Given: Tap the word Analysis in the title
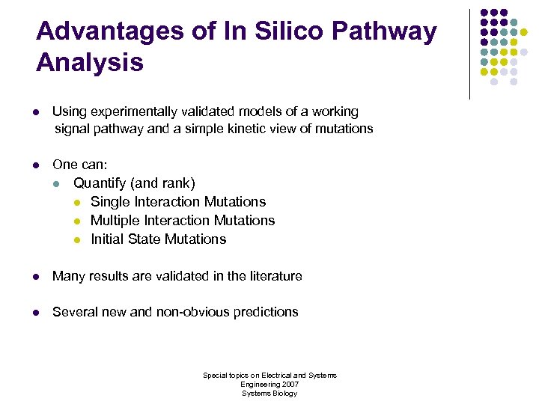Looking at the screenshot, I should point(89,63).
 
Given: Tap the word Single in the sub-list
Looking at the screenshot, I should point(110,202).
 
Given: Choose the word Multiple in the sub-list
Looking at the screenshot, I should point(115,221).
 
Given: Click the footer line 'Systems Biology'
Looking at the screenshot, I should point(269,393).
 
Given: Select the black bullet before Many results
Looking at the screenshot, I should point(35,277).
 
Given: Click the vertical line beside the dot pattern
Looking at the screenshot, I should point(469,54).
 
